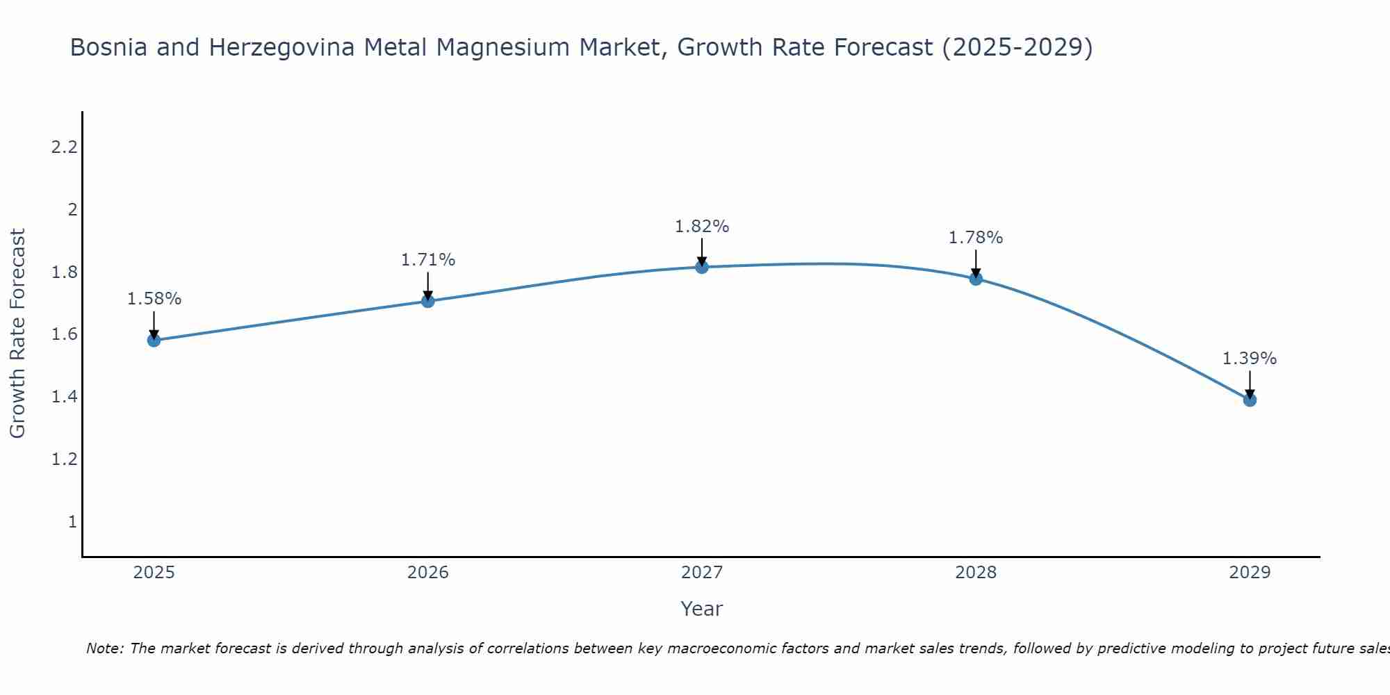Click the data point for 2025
pos(154,340)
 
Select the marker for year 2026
pos(427,301)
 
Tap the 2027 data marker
pos(701,267)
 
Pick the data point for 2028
pos(975,279)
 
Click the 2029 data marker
pos(1249,400)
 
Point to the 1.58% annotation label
pos(154,299)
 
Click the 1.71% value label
pos(427,260)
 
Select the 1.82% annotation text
pos(701,227)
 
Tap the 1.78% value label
pos(975,238)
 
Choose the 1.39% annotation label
pos(1249,359)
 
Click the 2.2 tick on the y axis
pos(64,147)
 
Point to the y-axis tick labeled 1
pos(72,521)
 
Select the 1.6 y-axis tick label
pos(64,334)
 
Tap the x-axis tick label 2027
pos(701,573)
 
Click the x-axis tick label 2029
pos(1249,573)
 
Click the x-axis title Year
pos(701,609)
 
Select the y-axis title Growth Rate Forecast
pos(17,334)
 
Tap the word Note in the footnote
pos(104,648)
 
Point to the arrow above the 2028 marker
pos(975,263)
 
